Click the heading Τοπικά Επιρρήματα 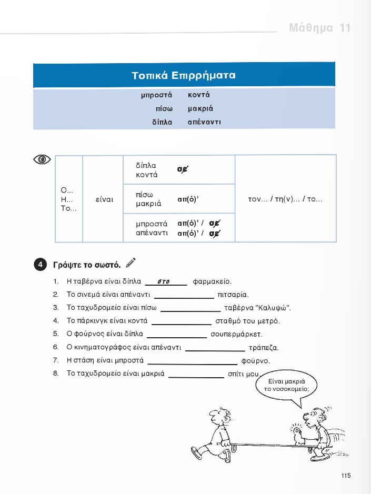click(184, 75)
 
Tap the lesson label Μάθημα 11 click(319, 28)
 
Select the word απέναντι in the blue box click(204, 122)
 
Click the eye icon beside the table click(42, 159)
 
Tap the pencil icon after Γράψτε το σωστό click(131, 262)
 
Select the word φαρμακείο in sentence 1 click(213, 281)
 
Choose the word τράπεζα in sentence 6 click(263, 347)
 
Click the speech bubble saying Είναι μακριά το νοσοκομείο click(287, 385)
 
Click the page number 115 click(345, 476)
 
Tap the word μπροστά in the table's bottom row click(152, 223)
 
